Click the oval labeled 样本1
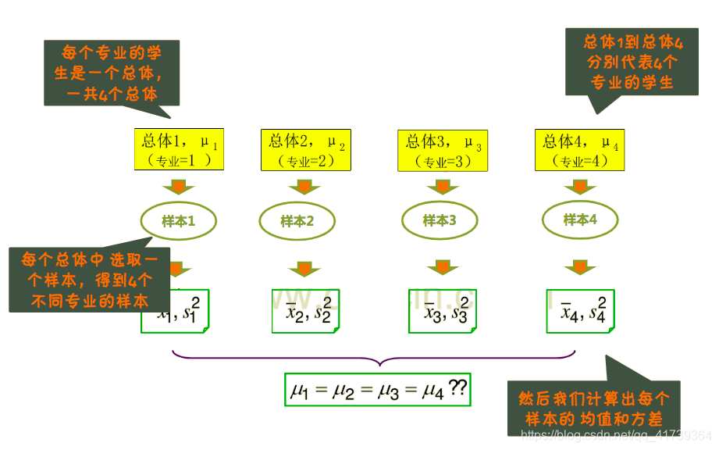178,221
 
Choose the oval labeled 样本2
297,221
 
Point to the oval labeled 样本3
440,220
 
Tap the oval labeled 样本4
580,220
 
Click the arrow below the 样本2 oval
303,268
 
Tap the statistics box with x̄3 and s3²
443,312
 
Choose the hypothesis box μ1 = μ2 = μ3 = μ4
377,389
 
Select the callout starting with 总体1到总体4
632,62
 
